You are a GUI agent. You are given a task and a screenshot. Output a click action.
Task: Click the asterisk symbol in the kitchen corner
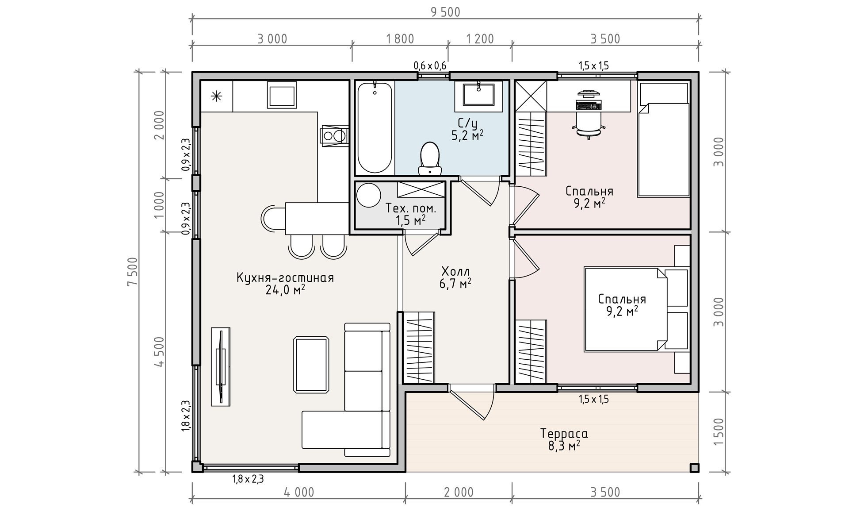(216, 96)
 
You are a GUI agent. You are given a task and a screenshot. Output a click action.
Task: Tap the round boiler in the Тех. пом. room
(369, 195)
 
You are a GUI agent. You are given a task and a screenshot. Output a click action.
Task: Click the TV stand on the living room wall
(220, 366)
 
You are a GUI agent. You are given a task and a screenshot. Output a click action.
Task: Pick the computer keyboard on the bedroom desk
(589, 105)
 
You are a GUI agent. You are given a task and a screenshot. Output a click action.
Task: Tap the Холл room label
(455, 277)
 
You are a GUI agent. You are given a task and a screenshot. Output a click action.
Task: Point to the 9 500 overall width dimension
(446, 12)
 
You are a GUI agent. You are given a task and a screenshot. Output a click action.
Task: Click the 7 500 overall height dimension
(133, 272)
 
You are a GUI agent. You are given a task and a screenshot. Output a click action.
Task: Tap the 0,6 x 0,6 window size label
(430, 66)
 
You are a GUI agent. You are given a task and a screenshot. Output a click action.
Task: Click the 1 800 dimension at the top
(400, 39)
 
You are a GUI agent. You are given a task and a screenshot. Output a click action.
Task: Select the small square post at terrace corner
(694, 468)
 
